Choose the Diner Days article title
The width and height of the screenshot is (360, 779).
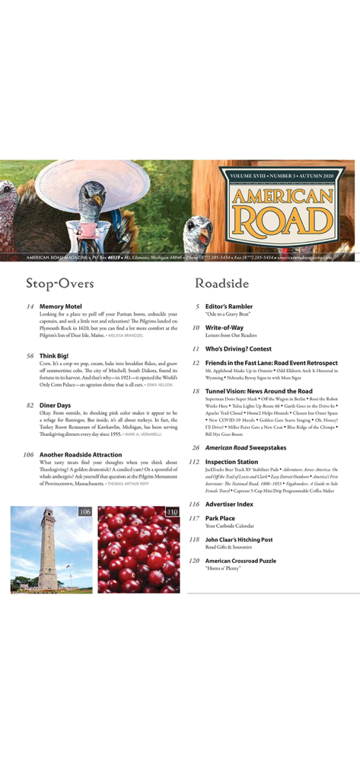(x=55, y=405)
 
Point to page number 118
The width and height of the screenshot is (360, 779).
(x=194, y=539)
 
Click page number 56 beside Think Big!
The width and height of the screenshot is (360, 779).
(x=30, y=355)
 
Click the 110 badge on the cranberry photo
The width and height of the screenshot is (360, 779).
(x=172, y=512)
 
